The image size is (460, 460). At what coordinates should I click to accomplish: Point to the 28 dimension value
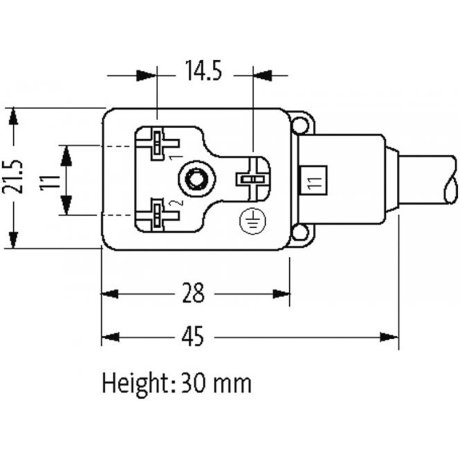pyautogui.click(x=194, y=293)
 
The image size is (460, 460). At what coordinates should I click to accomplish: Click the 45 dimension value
pyautogui.click(x=194, y=336)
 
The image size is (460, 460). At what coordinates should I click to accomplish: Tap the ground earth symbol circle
pyautogui.click(x=249, y=220)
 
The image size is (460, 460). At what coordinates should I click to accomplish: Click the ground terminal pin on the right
pyautogui.click(x=251, y=179)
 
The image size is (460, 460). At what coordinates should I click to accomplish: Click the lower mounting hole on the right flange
pyautogui.click(x=299, y=233)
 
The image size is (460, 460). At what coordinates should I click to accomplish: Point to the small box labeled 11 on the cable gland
pyautogui.click(x=313, y=183)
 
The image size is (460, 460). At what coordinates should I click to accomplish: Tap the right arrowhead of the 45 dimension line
pyautogui.click(x=390, y=337)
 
